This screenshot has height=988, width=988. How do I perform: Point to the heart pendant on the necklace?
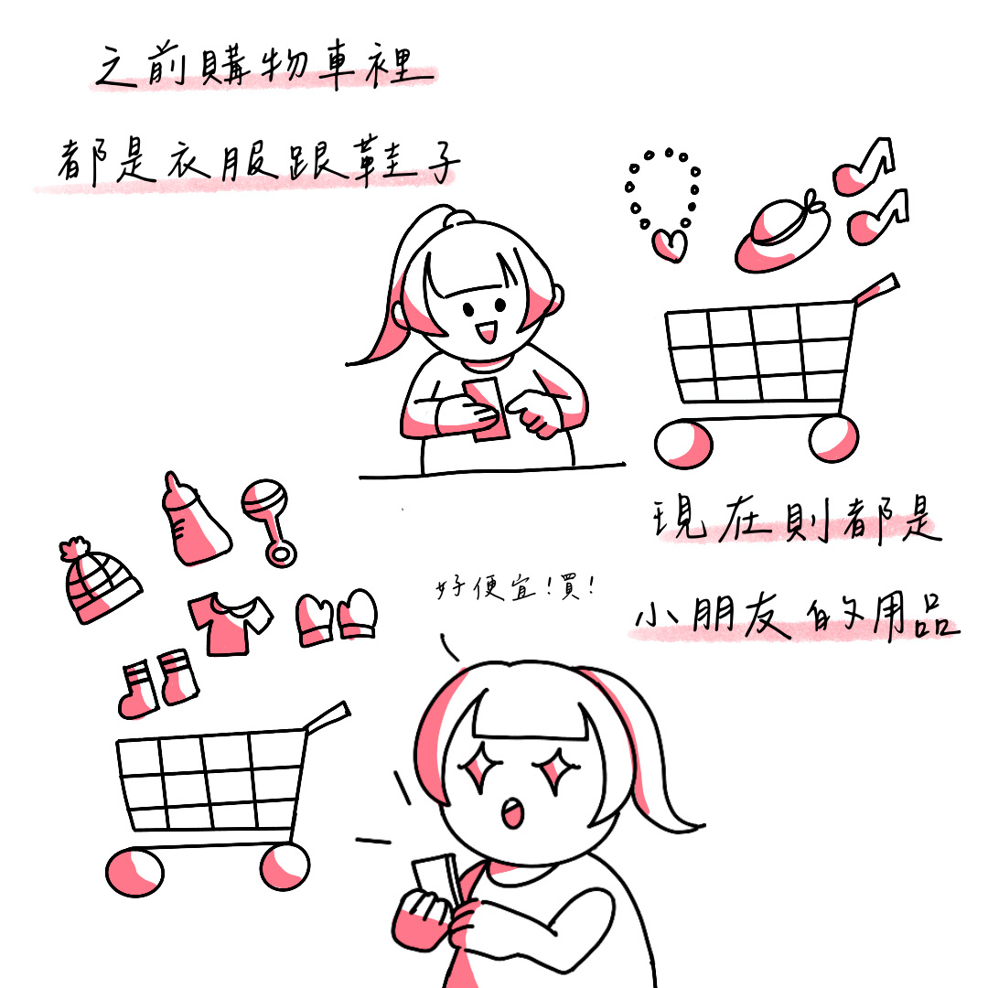coord(670,244)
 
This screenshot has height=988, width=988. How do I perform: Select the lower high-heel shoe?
coord(877,218)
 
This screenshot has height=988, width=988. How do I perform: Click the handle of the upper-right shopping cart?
coord(875,287)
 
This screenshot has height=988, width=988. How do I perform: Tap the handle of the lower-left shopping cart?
coord(327,717)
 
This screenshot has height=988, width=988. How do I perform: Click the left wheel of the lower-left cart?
coord(134,873)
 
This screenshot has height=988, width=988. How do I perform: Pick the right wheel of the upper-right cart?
coord(833,438)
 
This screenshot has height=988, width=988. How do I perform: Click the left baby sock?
coord(137,690)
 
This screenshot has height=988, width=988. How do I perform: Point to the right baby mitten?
coord(358,615)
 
